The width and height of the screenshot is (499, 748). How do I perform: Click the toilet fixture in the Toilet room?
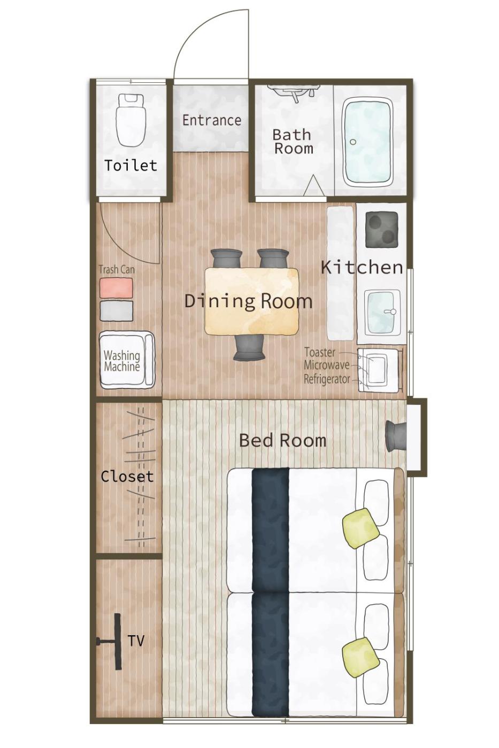(130, 120)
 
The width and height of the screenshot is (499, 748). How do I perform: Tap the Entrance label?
(212, 120)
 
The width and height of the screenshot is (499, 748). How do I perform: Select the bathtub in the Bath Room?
(368, 143)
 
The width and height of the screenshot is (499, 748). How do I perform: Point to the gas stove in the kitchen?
(382, 229)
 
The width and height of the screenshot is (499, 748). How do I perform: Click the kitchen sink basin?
(381, 312)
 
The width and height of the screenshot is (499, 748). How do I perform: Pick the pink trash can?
(116, 288)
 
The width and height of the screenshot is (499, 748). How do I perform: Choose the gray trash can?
(116, 310)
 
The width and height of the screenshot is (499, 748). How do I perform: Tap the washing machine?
(127, 360)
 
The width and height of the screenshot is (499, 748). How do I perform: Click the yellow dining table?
(251, 301)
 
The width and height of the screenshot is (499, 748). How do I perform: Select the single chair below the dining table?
(251, 348)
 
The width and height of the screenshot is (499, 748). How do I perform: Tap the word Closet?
(127, 477)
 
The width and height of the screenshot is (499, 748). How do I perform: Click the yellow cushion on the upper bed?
(361, 528)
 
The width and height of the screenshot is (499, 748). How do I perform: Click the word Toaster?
(319, 352)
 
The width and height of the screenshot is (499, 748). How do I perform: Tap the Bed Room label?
(283, 440)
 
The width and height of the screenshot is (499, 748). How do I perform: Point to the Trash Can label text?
(117, 269)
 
